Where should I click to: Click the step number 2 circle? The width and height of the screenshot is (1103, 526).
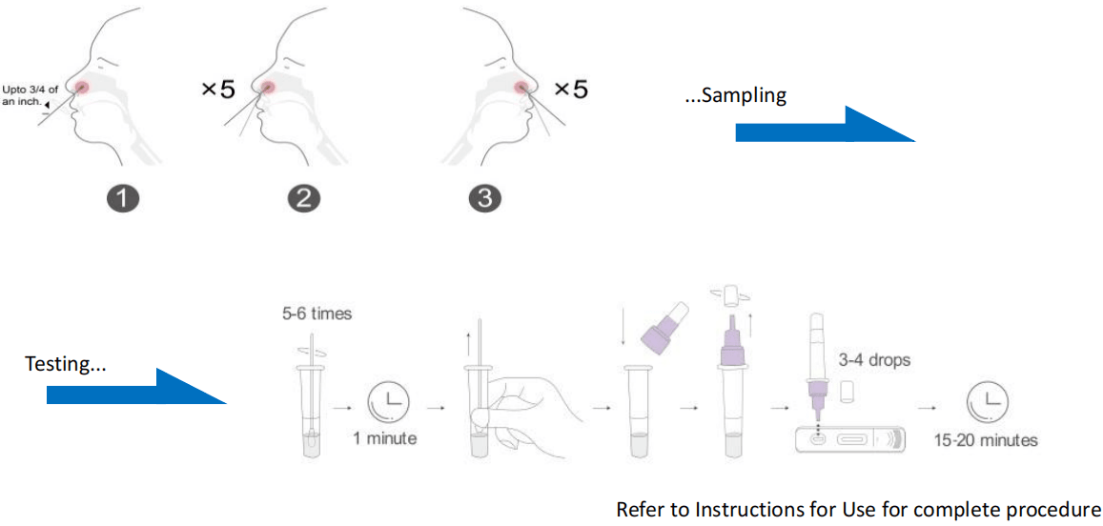[x=303, y=199]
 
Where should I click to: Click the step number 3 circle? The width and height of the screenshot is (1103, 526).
[x=483, y=199]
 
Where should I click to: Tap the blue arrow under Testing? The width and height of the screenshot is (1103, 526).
[x=136, y=386]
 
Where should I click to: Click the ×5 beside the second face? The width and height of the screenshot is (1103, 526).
[x=217, y=90]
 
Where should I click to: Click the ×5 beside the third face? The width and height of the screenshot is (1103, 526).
[x=570, y=90]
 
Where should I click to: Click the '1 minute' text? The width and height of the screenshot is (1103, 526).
[x=385, y=439]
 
